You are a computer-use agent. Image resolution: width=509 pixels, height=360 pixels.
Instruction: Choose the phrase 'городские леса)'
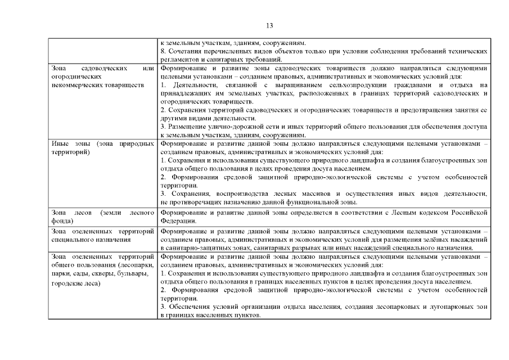pos(75,283)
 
